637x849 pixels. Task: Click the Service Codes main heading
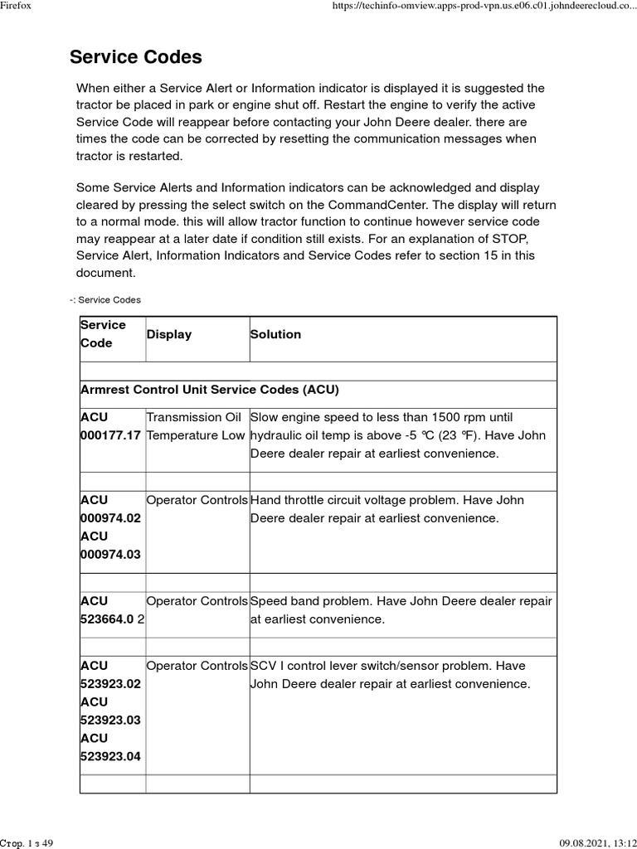pyautogui.click(x=135, y=57)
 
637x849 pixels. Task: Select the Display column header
pyautogui.click(x=168, y=334)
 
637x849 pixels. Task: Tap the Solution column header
pyautogui.click(x=275, y=334)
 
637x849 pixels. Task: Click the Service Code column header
pyautogui.click(x=103, y=334)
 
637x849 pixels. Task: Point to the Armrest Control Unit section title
pyautogui.click(x=209, y=389)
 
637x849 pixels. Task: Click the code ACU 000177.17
pyautogui.click(x=110, y=426)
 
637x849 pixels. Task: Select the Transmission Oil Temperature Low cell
pyautogui.click(x=196, y=426)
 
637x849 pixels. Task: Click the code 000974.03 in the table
pyautogui.click(x=110, y=554)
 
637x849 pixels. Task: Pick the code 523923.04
pyautogui.click(x=110, y=755)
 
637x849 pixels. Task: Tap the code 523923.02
pyautogui.click(x=110, y=684)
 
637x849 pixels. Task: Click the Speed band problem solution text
pyautogui.click(x=401, y=609)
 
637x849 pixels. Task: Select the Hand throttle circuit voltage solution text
pyautogui.click(x=387, y=509)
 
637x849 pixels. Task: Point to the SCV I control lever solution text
pyautogui.click(x=389, y=675)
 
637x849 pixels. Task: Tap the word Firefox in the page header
pyautogui.click(x=16, y=6)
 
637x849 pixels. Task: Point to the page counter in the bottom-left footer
pyautogui.click(x=27, y=842)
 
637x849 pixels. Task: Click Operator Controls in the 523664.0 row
pyautogui.click(x=197, y=600)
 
